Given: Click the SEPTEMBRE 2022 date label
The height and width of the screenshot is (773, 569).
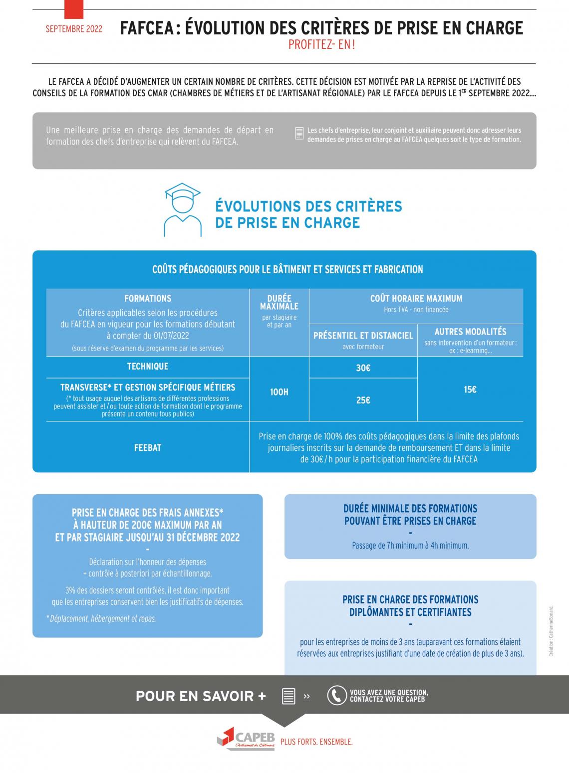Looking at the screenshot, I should [74, 29].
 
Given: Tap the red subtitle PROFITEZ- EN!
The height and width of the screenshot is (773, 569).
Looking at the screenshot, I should [322, 45].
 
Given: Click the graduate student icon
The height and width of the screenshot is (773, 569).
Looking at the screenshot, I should [182, 210].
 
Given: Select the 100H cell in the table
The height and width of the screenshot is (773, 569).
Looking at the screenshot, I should [279, 392].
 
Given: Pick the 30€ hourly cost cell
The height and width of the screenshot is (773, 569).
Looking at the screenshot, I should [363, 368].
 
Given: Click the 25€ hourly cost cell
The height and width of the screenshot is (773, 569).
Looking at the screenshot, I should [363, 400].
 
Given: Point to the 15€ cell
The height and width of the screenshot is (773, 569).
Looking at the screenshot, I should [470, 389].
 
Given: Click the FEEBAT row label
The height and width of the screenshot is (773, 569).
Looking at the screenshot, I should [148, 447].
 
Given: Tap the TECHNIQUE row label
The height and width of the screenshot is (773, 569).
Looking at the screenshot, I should [148, 366].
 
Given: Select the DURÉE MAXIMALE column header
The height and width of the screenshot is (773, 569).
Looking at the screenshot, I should [279, 302].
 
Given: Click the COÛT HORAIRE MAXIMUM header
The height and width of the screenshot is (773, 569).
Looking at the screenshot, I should [416, 298].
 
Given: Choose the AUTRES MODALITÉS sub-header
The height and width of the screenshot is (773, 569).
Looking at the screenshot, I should [470, 332].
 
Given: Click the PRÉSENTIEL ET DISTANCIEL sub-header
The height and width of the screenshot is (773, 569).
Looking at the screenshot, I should [363, 336].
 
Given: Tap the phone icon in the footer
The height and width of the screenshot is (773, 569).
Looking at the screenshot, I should [337, 696].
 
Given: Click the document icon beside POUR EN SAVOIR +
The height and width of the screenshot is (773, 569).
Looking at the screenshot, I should [288, 696].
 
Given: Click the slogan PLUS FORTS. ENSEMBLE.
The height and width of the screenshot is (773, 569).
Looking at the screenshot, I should [316, 742].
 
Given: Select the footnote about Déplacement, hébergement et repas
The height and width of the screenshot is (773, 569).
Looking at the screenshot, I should [102, 618].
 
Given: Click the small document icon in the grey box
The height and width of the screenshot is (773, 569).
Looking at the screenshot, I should [299, 133].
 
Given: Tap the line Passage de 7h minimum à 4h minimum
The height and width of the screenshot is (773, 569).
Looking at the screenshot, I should [410, 545].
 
